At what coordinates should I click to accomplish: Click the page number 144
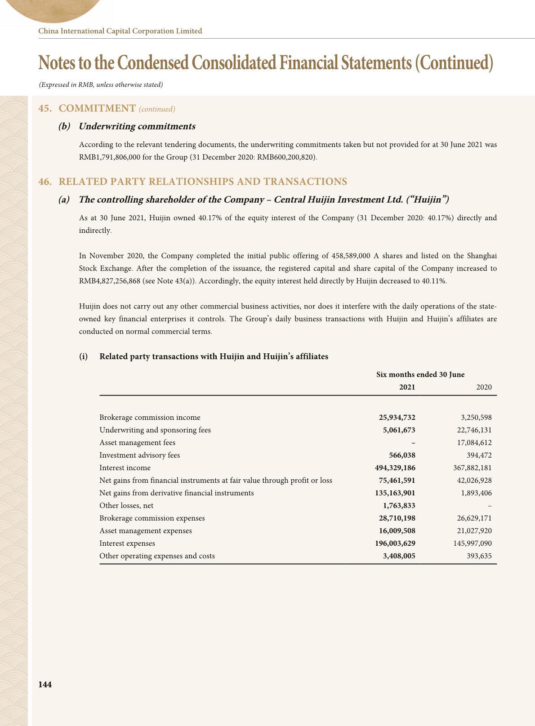pos(45,684)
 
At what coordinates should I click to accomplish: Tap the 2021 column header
pos(407,387)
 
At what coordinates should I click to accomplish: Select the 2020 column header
pos(484,387)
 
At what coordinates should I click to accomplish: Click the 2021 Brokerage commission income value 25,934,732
pos(397,417)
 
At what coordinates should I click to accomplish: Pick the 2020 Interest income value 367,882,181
pos(473,468)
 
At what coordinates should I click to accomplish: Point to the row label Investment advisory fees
pos(139,455)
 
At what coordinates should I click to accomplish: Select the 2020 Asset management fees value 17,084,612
pos(474,442)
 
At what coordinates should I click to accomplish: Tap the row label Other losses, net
pos(126,505)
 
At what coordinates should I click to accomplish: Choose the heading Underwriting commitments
pos(137,126)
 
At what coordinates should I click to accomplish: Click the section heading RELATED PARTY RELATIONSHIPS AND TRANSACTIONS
pos(203,182)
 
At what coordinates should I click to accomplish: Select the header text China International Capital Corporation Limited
pos(120,31)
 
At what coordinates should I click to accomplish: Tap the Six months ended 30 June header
pos(420,374)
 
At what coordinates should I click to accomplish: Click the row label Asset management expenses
pos(145,530)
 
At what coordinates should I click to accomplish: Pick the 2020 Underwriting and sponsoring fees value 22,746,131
pos(474,430)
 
